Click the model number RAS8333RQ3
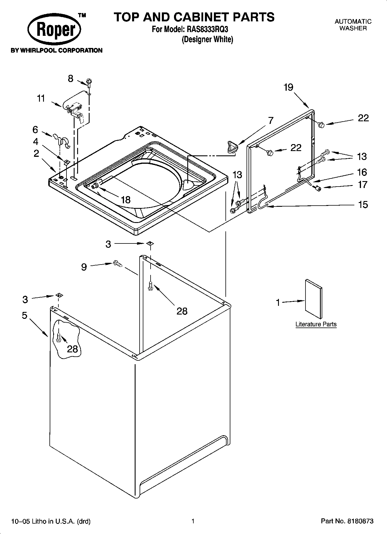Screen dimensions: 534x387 click(x=206, y=29)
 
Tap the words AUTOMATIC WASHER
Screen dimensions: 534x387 click(x=353, y=25)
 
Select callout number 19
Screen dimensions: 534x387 click(x=288, y=87)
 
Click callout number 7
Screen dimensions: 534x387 click(x=271, y=120)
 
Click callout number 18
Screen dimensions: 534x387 click(x=126, y=200)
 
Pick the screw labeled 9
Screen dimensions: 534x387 click(x=118, y=263)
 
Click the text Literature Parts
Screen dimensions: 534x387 click(x=316, y=324)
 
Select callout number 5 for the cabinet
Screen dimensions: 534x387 click(x=25, y=315)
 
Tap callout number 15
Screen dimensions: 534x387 click(x=363, y=204)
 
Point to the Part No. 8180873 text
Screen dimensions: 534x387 click(x=347, y=521)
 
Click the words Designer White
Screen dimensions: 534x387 click(x=207, y=39)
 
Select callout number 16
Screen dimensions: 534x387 click(x=362, y=172)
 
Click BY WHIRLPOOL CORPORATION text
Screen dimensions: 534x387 click(x=57, y=51)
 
